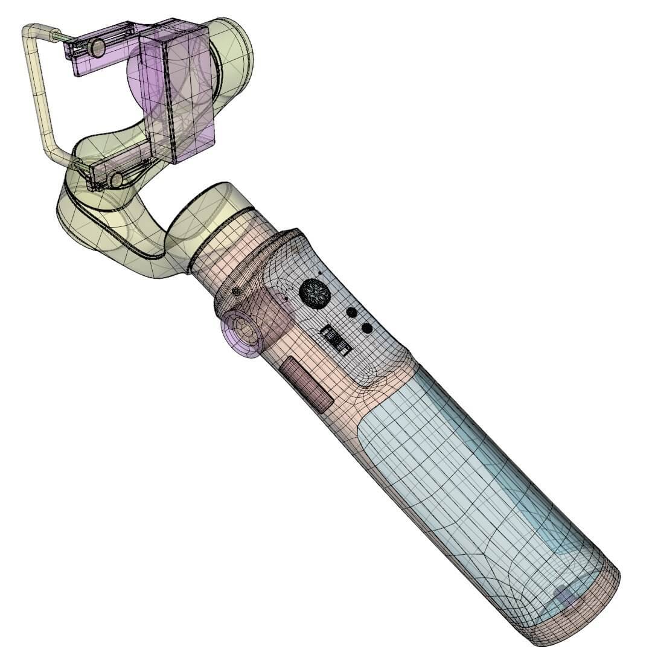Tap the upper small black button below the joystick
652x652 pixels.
351,313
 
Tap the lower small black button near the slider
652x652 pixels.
366,328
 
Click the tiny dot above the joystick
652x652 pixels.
320,272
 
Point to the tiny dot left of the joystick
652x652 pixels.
286,298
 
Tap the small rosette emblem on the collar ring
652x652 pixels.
235,292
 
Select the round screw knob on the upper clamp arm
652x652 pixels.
95,48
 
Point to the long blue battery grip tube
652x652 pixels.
477,483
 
